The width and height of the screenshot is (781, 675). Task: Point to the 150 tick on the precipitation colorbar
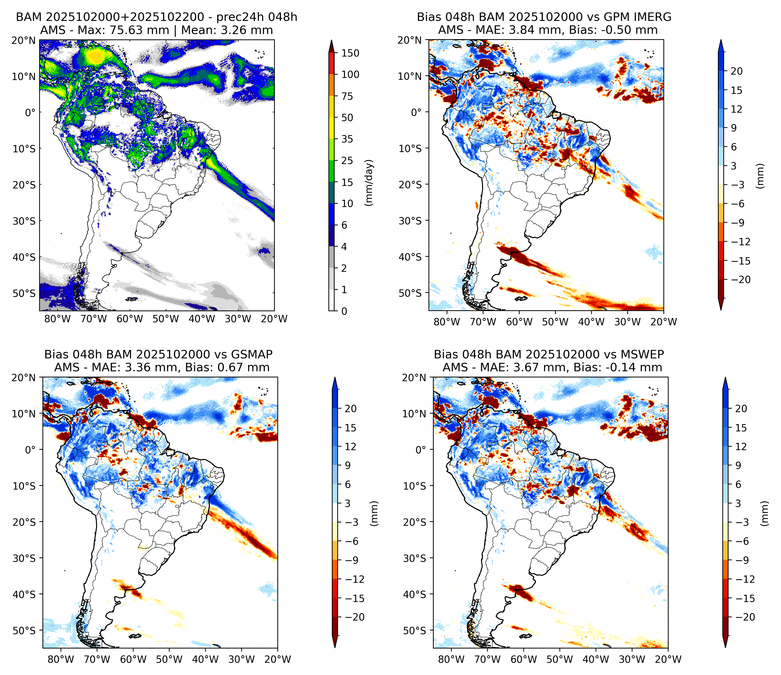[x=350, y=53]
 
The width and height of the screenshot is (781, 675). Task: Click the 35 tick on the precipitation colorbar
[x=347, y=139]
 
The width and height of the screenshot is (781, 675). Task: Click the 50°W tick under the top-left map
[x=166, y=319]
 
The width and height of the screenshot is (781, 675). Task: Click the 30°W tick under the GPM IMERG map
[x=628, y=322]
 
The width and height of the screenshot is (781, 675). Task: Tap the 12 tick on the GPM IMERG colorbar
[x=736, y=109]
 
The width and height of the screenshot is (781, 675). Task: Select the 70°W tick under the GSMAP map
[x=97, y=659]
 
